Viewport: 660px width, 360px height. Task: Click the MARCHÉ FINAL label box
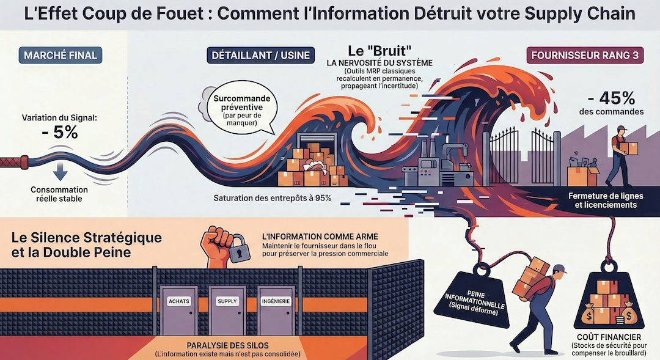[x=61, y=56]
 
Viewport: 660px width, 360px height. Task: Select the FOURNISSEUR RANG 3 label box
[x=585, y=56]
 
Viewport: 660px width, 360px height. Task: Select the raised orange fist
[x=215, y=244]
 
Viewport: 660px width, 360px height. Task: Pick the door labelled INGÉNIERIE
[x=276, y=309]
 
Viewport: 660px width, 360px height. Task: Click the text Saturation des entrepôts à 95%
[x=272, y=198]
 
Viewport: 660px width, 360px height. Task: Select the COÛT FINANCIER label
[x=612, y=337]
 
